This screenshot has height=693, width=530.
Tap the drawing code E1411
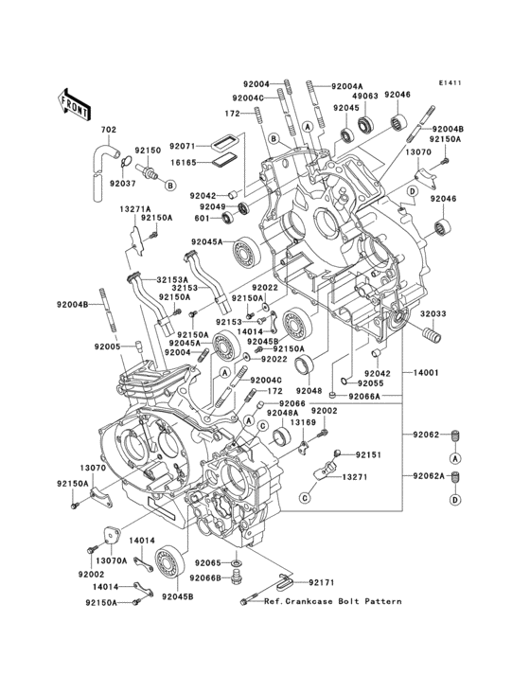(450, 82)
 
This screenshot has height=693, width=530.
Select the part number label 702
(108, 131)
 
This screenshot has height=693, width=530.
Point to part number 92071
(184, 147)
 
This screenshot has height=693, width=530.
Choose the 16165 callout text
(184, 163)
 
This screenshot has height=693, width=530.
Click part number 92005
(107, 346)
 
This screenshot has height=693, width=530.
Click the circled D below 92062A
(454, 499)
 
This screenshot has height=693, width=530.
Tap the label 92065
(207, 562)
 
